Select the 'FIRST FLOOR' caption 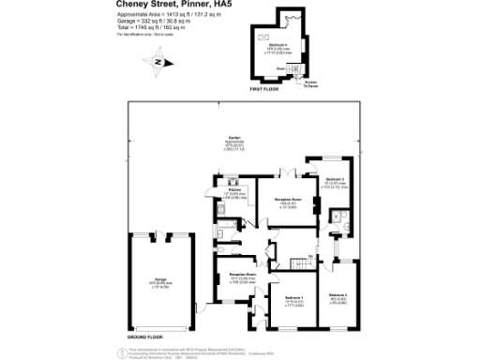coord(264,90)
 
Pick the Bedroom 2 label coord(338,296)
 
